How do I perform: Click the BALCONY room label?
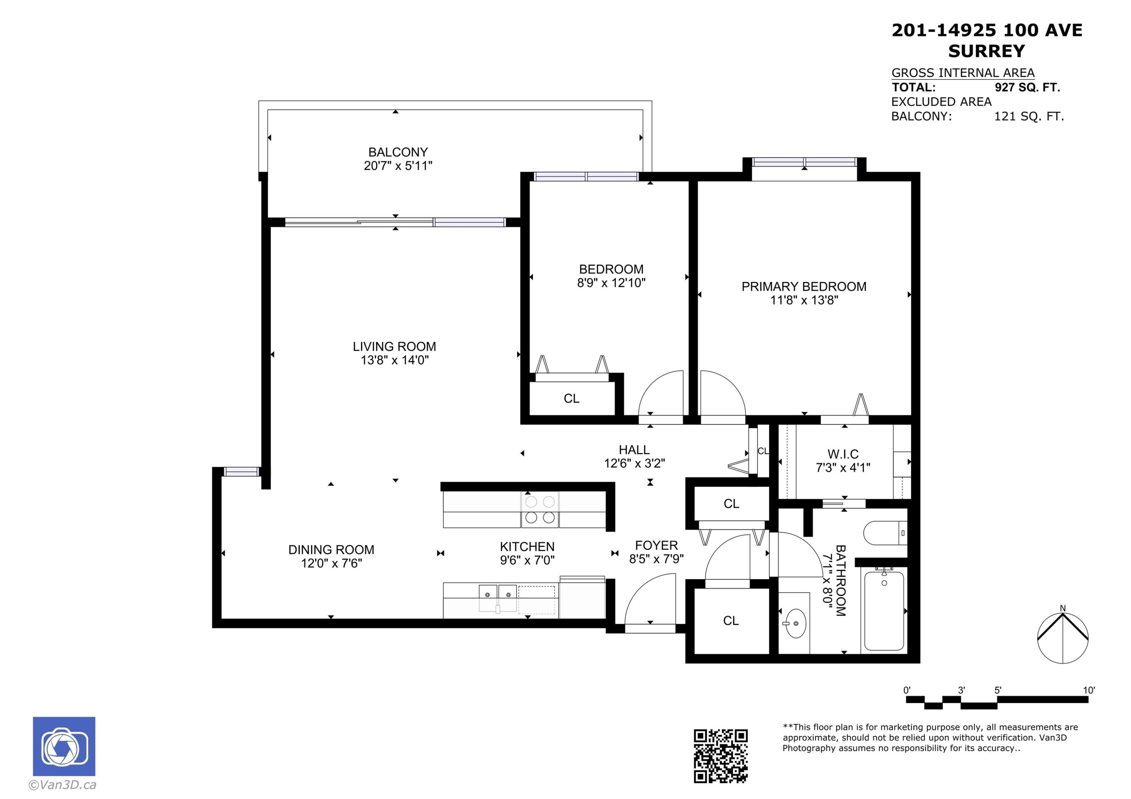pos(398,152)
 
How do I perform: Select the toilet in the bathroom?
pos(885,533)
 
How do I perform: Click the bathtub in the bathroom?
pos(884,610)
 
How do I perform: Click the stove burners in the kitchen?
pos(540,510)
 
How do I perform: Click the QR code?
pos(721,756)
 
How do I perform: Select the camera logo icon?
pos(64,746)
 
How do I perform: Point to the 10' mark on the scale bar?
pos(1089,690)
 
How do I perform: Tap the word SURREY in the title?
pos(987,51)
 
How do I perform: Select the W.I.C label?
pos(843,454)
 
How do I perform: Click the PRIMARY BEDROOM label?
pos(804,287)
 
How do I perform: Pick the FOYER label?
pos(656,545)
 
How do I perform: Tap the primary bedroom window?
pos(805,162)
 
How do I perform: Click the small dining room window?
pos(241,472)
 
